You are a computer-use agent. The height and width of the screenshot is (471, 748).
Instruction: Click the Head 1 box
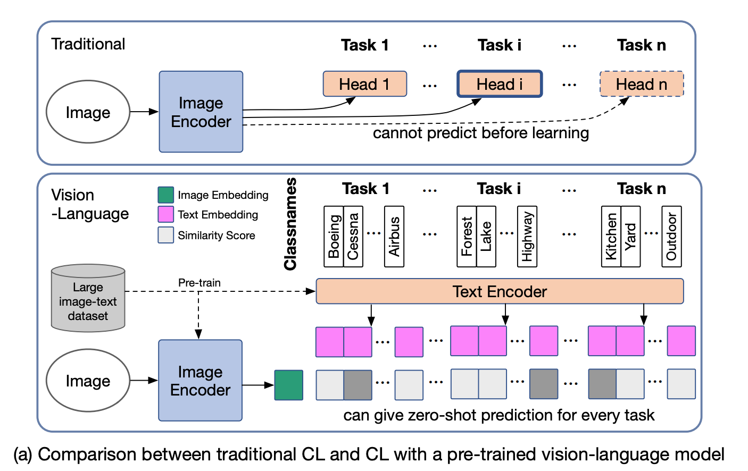[x=364, y=84]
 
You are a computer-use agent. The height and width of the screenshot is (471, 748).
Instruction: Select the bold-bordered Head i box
[x=499, y=84]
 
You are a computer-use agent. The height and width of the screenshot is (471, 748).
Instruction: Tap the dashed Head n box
[x=641, y=84]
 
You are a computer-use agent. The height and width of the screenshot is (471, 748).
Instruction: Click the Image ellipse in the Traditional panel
[x=88, y=112]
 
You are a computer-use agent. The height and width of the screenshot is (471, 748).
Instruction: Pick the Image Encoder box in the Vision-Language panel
[x=200, y=381]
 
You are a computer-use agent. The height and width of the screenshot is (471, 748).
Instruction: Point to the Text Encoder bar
[x=499, y=291]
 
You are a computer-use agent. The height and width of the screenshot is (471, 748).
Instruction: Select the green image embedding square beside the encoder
[x=288, y=385]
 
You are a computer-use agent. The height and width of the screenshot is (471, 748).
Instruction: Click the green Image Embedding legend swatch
[x=165, y=195]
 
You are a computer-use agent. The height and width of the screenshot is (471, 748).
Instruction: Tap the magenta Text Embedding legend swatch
[x=165, y=214]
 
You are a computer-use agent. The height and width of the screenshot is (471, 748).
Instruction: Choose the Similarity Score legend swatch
[x=165, y=235]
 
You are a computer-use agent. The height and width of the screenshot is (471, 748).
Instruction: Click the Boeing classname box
[x=334, y=237]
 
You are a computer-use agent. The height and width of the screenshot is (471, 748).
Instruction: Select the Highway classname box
[x=527, y=237]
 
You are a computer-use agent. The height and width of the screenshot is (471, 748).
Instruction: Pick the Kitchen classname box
[x=611, y=237]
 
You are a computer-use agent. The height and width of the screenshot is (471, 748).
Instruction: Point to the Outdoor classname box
[x=671, y=237]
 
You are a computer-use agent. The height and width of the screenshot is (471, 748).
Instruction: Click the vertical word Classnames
[x=290, y=224]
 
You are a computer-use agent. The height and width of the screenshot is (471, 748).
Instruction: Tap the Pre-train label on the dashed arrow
[x=199, y=283]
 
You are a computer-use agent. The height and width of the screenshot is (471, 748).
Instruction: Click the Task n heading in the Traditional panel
[x=641, y=45]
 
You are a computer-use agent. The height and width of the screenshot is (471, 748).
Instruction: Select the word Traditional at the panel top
[x=88, y=44]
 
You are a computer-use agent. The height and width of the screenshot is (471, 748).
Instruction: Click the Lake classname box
[x=486, y=237]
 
